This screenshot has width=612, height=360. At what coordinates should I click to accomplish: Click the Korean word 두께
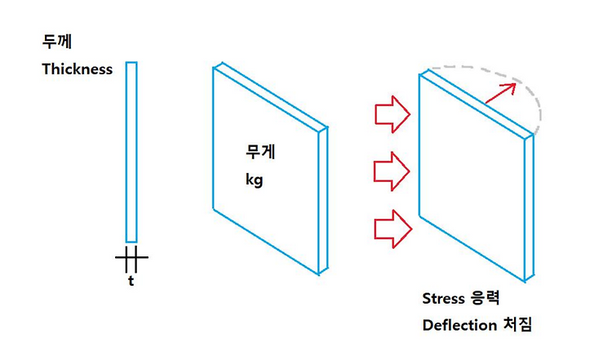click(x=54, y=40)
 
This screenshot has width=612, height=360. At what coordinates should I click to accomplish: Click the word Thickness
click(x=78, y=69)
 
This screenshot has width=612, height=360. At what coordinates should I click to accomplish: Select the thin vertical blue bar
click(x=131, y=151)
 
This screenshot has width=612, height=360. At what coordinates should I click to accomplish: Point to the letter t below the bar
click(x=131, y=281)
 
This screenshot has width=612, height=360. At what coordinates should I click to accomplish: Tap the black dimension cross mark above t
click(x=131, y=260)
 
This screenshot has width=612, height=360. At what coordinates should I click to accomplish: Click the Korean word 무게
click(x=258, y=151)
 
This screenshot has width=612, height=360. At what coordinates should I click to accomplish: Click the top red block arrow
click(x=391, y=113)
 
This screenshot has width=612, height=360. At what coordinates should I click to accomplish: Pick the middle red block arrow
click(x=391, y=170)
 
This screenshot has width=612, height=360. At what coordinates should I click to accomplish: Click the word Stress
click(x=442, y=297)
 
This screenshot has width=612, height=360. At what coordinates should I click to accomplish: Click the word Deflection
click(x=459, y=325)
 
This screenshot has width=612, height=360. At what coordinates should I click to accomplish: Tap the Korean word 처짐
click(x=517, y=325)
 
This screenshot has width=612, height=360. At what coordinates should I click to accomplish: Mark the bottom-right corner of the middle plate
click(x=324, y=273)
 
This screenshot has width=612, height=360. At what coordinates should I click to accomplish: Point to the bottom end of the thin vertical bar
click(x=131, y=240)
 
